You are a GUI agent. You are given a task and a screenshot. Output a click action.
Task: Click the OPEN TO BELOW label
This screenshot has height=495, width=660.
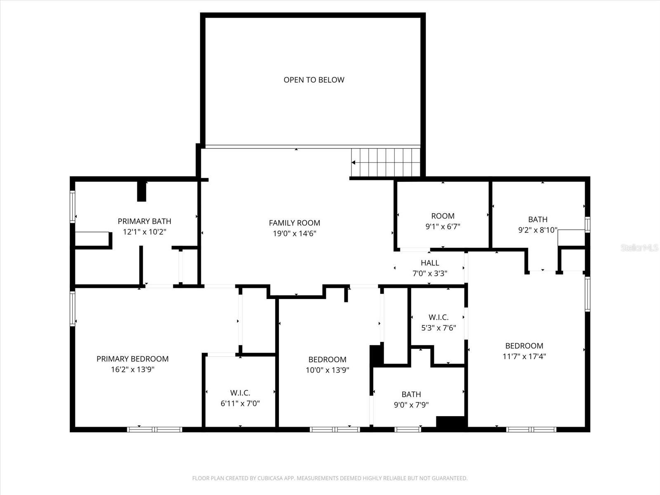[x=313, y=80]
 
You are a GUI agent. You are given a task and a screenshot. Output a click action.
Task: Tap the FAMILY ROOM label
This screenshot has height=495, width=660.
[x=294, y=223]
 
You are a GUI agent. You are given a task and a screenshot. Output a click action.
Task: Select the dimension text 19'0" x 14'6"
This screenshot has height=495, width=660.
[x=294, y=233]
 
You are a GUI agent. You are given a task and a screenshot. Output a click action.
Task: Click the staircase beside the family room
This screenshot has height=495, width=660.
[x=386, y=162]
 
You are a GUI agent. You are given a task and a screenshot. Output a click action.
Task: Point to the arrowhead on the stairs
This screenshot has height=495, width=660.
[x=354, y=163]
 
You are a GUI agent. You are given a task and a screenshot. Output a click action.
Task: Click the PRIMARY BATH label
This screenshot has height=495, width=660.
[x=144, y=222]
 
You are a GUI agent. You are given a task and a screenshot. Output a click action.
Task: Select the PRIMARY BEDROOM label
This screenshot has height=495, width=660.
[x=132, y=359]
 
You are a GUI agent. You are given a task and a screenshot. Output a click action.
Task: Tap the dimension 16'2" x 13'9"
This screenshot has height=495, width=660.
[x=132, y=370]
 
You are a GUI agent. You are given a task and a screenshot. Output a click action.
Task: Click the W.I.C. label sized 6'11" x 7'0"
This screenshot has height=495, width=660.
[x=240, y=393]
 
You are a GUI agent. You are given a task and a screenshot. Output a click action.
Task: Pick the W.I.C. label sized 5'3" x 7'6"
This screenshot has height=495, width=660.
[x=438, y=317]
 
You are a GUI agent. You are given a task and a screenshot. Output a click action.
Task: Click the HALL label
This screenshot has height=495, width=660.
[x=430, y=263]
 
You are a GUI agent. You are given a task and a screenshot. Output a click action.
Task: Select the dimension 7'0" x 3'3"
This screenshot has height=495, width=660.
[x=430, y=273]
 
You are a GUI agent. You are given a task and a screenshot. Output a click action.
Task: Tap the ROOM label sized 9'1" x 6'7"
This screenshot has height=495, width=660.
[x=443, y=216]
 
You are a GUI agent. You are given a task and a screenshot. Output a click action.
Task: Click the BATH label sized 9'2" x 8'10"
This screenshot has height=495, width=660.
[x=537, y=219]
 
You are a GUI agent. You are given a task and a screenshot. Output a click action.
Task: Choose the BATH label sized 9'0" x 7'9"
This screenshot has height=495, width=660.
[x=411, y=394]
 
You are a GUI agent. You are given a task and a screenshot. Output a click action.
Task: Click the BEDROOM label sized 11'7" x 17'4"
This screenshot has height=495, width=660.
[x=524, y=346]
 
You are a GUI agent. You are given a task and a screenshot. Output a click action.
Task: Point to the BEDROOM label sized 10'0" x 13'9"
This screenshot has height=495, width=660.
[x=327, y=359]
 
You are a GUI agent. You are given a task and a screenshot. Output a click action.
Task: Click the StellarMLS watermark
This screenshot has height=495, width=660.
[x=640, y=248]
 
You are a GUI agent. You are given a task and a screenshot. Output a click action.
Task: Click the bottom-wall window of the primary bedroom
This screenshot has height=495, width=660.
[x=155, y=429]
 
